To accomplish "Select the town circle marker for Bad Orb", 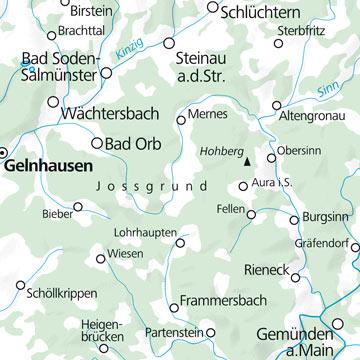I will pyautogui.click(x=97, y=142).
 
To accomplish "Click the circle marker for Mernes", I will pyautogui.click(x=180, y=120).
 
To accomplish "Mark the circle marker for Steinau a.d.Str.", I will pyautogui.click(x=168, y=45).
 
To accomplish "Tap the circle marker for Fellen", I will pyautogui.click(x=252, y=213).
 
